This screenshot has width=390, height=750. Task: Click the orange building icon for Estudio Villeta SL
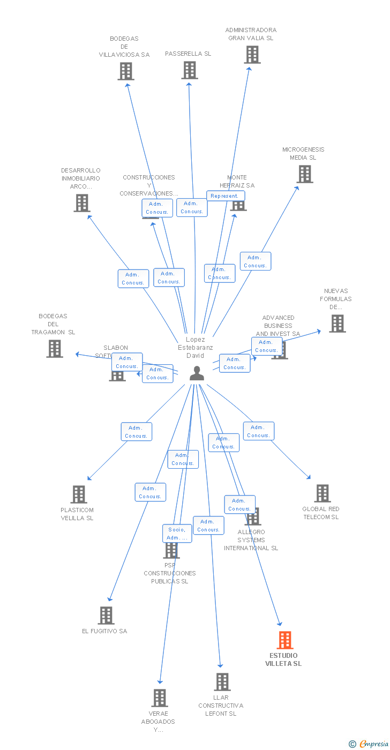click(285, 640)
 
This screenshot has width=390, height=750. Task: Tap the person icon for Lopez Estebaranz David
click(197, 373)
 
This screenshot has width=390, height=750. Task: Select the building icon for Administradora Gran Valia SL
click(252, 55)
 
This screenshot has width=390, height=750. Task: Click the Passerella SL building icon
click(190, 70)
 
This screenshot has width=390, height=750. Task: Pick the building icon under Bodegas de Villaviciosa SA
click(126, 71)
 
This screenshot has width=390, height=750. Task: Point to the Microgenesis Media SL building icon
click(305, 174)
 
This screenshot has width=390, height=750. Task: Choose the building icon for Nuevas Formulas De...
click(337, 324)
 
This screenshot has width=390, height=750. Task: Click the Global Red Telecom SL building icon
click(322, 493)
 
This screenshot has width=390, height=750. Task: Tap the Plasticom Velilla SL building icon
click(79, 494)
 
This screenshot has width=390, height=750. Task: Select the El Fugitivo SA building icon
click(106, 616)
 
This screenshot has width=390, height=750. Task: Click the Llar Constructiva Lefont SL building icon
click(222, 682)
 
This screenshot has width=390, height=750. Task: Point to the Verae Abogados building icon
click(160, 698)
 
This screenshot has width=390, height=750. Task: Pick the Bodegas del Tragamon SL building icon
click(55, 349)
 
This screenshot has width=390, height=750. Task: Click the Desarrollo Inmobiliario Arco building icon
click(82, 203)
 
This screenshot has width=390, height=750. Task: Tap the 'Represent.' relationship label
click(226, 196)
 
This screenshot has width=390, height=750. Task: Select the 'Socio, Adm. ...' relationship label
click(177, 534)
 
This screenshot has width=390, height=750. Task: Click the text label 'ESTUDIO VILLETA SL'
click(283, 659)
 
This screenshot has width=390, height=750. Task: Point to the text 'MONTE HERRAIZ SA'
click(237, 182)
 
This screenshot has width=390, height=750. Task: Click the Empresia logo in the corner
click(369, 744)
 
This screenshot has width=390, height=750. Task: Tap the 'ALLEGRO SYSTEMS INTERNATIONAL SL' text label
click(251, 540)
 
